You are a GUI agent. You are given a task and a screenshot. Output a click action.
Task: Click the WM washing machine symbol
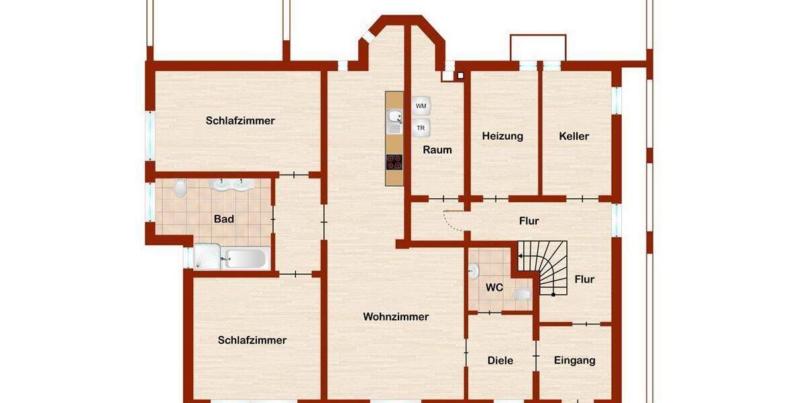[x=421, y=106]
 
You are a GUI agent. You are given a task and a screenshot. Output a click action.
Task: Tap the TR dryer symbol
[x=421, y=128]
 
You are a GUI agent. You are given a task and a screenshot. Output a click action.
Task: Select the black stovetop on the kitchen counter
[x=394, y=161]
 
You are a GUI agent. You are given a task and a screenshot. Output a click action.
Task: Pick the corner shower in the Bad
[x=205, y=257]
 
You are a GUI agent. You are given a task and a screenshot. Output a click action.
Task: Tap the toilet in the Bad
[x=180, y=189]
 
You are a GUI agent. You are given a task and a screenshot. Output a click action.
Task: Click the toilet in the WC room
[x=522, y=294]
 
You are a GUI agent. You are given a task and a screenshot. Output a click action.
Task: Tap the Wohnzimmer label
[x=396, y=317]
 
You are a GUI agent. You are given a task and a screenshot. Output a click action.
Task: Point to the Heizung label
[x=502, y=136]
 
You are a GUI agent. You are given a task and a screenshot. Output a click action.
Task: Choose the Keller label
[x=574, y=136]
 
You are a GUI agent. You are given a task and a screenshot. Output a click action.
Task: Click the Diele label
[x=500, y=361]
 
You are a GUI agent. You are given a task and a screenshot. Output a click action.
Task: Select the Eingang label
[x=575, y=361]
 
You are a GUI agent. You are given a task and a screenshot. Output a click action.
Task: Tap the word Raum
[x=437, y=150]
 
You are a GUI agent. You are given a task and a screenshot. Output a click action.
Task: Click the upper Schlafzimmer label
[x=240, y=121]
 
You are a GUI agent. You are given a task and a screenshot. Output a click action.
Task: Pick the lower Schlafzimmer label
[x=252, y=340]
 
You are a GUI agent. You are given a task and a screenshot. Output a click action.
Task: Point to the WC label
[x=494, y=287]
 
